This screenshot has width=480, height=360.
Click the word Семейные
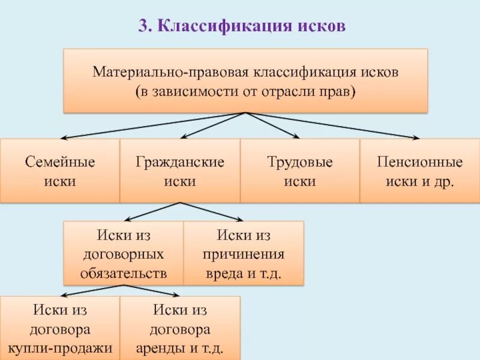(x=60, y=163)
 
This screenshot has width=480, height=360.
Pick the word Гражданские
(x=180, y=163)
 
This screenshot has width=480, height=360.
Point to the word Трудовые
(x=300, y=163)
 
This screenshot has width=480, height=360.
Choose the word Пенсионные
(x=420, y=163)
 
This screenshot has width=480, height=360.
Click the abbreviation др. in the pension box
(x=445, y=181)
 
